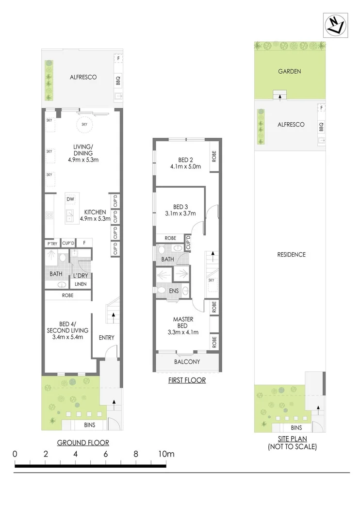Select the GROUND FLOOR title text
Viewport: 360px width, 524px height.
(83, 442)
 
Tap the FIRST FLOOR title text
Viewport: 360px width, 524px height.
(187, 380)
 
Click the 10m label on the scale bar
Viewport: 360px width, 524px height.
(166, 454)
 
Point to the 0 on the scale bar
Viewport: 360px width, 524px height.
(16, 454)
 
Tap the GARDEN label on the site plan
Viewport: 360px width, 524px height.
(290, 71)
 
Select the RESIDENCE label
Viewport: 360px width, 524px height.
(291, 255)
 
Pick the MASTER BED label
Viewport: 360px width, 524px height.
(183, 322)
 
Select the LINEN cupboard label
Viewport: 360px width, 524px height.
(81, 284)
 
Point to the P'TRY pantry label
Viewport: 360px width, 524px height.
(51, 243)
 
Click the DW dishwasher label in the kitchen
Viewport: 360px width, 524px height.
(70, 199)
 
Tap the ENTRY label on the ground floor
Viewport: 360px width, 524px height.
(106, 338)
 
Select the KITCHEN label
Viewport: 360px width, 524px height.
(95, 213)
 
